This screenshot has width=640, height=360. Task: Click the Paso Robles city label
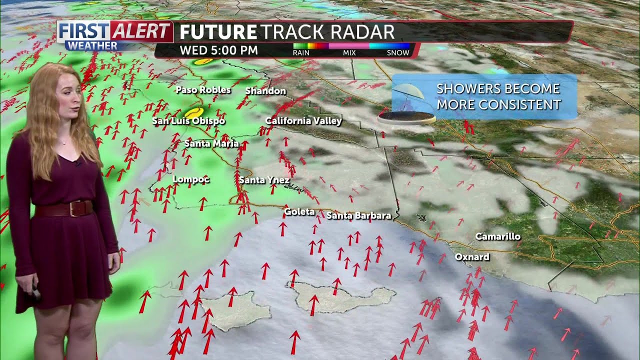[203, 90]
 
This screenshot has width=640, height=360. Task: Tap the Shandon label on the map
[265, 91]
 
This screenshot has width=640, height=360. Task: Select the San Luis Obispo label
[188, 121]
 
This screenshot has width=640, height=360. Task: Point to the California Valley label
[303, 121]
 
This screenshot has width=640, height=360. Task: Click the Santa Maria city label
[211, 144]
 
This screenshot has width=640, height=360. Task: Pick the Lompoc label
[191, 179]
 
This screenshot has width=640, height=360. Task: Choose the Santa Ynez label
[264, 180]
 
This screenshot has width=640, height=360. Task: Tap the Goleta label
[299, 212]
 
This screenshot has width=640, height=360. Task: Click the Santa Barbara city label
[358, 216]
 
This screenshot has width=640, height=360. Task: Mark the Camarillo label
[497, 236]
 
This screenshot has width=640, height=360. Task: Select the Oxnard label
[472, 257]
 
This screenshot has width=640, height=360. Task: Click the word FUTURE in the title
[218, 32]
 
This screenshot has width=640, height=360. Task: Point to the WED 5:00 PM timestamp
[219, 50]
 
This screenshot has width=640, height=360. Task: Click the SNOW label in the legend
[398, 52]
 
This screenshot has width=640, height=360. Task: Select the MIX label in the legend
[349, 52]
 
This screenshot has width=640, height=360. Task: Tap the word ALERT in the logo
[141, 31]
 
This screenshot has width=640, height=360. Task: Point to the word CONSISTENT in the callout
[519, 105]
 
